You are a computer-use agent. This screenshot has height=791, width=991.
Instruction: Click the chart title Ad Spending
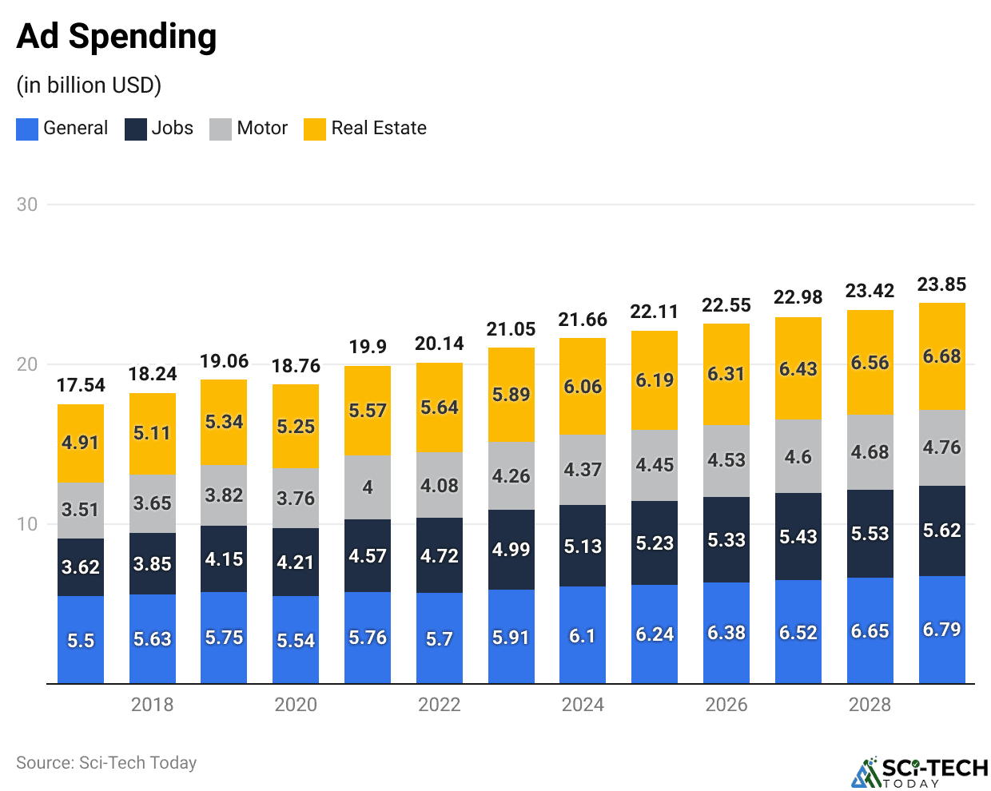coord(117,37)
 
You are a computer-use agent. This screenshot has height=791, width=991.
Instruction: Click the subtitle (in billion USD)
coord(89,85)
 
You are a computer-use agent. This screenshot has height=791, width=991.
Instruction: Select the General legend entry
coord(62,129)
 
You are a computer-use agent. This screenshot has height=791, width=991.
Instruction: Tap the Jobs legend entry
coord(159,129)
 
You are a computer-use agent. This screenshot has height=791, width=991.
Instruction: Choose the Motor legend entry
coord(249,129)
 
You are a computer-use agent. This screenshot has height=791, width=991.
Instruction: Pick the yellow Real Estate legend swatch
coord(315,129)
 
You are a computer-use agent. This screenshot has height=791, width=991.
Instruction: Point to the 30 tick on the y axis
coord(27,205)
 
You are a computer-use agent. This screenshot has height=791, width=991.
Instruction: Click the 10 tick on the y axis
coord(27,524)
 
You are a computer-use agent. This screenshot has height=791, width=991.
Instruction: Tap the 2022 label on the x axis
coord(439,705)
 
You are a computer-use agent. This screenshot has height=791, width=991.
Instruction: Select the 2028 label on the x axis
coord(870,705)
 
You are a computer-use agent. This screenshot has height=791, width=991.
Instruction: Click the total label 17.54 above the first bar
coord(81,385)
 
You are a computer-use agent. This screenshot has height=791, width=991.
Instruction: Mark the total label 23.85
coord(941,284)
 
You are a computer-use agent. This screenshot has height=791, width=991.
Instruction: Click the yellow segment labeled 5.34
coord(224,422)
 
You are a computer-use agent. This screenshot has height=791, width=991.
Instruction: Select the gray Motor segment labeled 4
coord(368,487)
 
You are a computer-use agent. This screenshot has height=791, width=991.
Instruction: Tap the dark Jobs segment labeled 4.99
coord(511,550)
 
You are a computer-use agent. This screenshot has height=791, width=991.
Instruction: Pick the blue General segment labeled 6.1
coord(583,636)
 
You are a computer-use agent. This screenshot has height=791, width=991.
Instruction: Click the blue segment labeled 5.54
coord(296,640)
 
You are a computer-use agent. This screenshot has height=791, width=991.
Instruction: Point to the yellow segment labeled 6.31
coord(726,374)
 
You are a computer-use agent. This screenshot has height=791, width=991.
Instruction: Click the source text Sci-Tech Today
coord(106,763)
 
